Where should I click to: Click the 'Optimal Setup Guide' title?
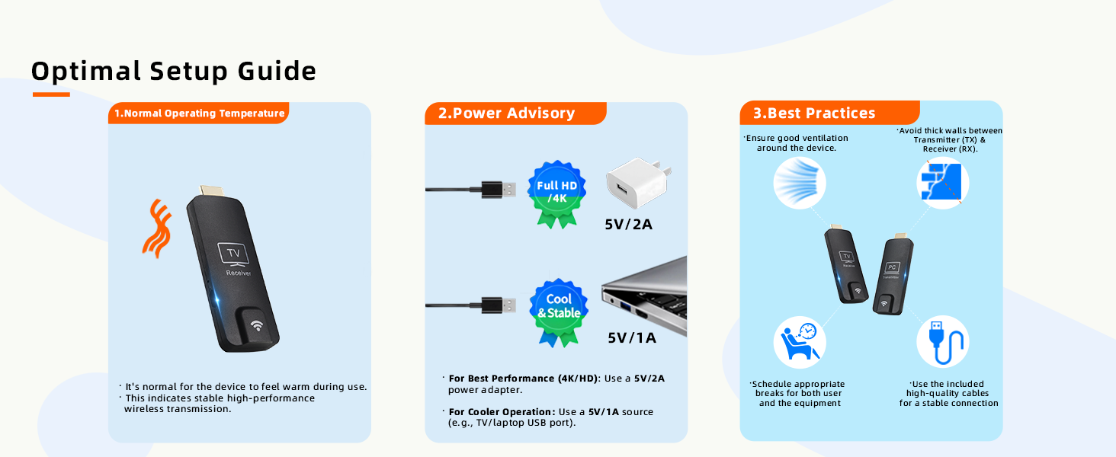click(174, 71)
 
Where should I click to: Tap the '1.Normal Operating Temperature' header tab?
click(199, 113)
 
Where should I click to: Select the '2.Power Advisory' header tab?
click(515, 113)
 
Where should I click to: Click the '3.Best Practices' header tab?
click(829, 113)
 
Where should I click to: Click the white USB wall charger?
click(638, 182)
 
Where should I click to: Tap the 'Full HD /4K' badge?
click(556, 194)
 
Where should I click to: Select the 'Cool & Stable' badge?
click(559, 312)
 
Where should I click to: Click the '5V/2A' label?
click(628, 225)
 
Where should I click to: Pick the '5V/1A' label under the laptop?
click(632, 338)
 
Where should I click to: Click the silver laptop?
click(644, 296)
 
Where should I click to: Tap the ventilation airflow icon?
click(799, 183)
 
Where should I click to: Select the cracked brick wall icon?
click(942, 183)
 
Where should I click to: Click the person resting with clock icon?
click(799, 342)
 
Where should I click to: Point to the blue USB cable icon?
click(942, 342)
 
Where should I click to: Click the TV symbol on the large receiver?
click(234, 254)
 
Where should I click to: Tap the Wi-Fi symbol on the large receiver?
click(257, 325)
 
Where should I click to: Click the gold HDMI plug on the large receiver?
click(212, 190)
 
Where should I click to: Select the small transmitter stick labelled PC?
click(893, 273)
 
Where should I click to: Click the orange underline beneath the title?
click(51, 94)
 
